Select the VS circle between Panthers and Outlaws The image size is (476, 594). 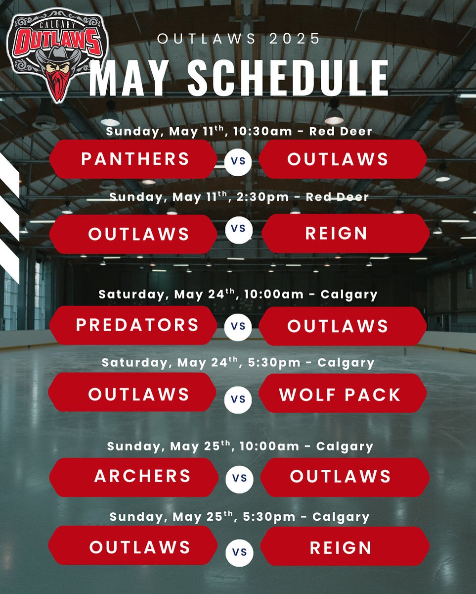click(238, 162)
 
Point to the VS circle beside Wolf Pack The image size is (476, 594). click(238, 399)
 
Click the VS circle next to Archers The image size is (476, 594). click(240, 479)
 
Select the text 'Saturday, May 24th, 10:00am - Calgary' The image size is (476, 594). click(238, 295)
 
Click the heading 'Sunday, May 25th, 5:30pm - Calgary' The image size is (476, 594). click(239, 517)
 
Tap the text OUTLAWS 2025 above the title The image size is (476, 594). click(239, 39)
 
